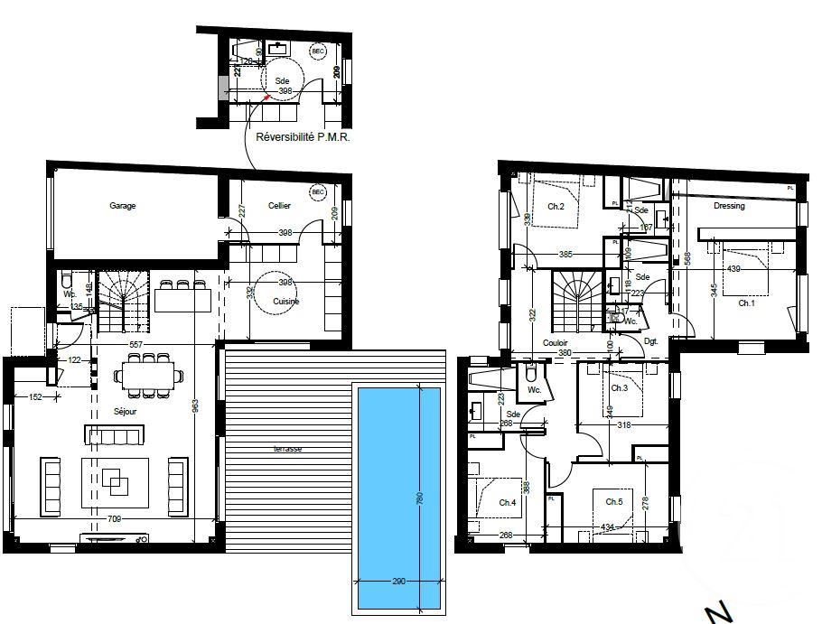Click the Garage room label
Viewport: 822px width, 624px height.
[x=123, y=206]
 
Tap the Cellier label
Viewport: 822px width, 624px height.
[x=279, y=206]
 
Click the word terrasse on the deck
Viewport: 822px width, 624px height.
[x=289, y=449]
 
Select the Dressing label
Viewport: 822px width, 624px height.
[x=729, y=206]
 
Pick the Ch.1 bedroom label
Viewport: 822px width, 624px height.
[x=746, y=304]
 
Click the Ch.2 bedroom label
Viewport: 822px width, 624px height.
[x=556, y=207]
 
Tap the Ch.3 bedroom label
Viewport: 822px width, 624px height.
[x=619, y=388]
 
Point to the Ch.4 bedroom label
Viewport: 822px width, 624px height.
[x=507, y=503]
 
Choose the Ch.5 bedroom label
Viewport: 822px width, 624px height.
[x=614, y=502]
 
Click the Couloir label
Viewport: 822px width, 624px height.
[x=555, y=343]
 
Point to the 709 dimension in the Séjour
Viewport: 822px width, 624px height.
[x=115, y=519]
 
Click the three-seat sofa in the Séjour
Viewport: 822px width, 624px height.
[x=113, y=435]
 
